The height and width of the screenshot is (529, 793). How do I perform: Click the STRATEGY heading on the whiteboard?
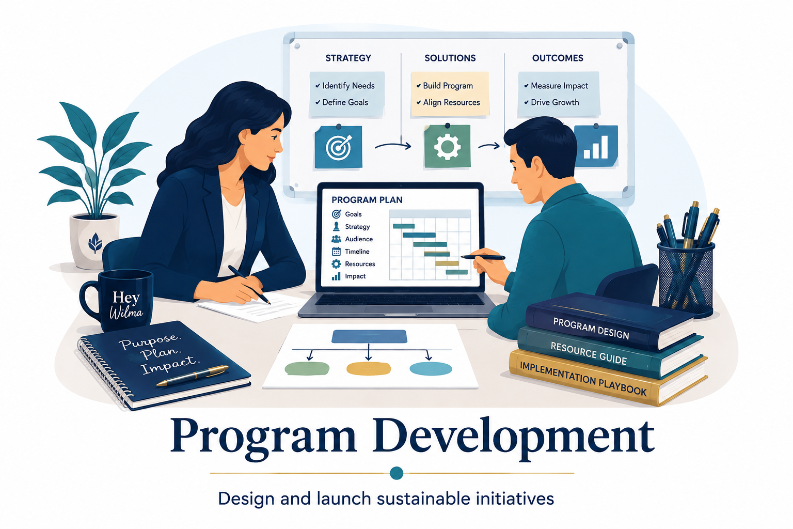coord(348,58)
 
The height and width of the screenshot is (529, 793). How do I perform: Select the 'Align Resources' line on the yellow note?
coord(448,102)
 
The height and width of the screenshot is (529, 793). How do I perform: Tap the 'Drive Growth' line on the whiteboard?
coord(551,102)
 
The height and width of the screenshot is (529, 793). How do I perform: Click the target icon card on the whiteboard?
coord(338,146)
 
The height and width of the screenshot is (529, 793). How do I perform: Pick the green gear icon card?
coord(447,146)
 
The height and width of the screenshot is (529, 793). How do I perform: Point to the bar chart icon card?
coord(596,146)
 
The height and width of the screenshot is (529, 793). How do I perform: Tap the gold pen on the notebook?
coord(193,376)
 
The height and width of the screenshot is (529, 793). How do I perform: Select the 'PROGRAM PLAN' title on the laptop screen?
coord(367,200)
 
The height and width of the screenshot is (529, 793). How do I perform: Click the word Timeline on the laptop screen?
coord(357,252)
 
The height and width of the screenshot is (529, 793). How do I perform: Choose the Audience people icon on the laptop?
coord(336,239)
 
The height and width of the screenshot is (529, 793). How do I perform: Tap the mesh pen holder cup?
coord(686,278)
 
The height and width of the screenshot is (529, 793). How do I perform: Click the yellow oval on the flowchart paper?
coord(368,368)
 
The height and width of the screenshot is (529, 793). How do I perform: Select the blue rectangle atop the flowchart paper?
coord(369,336)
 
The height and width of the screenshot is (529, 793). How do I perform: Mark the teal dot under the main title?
coord(396,473)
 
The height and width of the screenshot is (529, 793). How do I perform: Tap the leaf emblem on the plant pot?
coord(95,242)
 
